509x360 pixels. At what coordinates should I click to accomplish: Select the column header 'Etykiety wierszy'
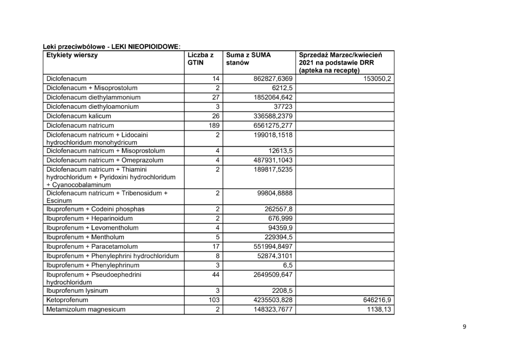72,55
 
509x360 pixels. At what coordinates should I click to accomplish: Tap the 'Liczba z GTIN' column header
200,59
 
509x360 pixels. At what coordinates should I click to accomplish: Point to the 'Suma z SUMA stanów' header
248,59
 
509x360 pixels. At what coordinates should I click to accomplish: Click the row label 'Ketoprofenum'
67,300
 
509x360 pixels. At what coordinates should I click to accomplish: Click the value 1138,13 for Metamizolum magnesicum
377,309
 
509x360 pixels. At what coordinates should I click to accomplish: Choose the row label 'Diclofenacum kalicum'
79,116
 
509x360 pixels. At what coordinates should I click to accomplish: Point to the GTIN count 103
213,300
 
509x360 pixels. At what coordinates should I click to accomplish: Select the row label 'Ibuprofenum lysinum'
77,290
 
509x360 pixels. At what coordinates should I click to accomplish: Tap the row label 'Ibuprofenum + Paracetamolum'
92,246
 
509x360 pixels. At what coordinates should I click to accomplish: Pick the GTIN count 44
215,274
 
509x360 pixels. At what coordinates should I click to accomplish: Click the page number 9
464,327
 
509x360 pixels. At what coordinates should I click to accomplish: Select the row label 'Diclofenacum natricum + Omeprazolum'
105,160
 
